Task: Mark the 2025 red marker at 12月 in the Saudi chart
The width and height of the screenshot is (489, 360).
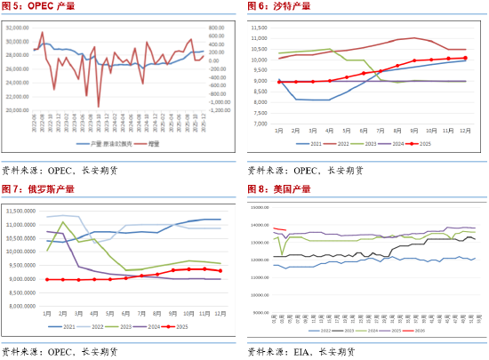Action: pos(464,58)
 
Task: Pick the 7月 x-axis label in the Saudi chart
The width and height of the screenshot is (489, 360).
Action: pos(381,131)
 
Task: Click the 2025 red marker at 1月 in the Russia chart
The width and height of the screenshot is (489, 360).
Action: pos(47,279)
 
